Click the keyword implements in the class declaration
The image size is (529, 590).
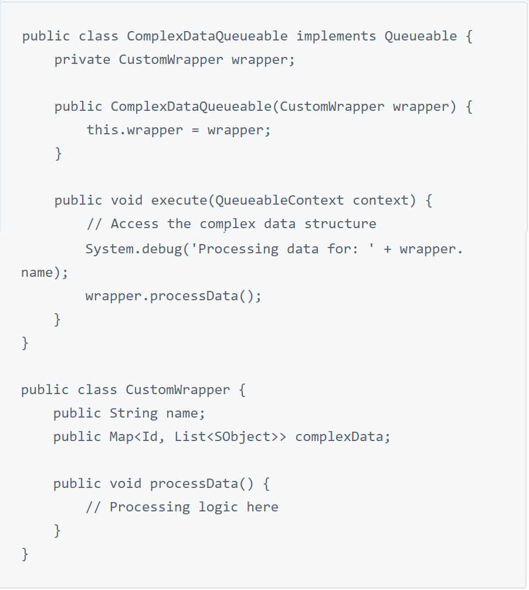tap(336, 36)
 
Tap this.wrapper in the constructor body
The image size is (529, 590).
tap(135, 130)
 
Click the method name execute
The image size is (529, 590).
tap(179, 201)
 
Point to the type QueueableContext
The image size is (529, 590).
tap(280, 201)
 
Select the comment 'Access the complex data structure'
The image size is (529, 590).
tap(232, 224)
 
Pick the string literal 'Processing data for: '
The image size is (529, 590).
tap(287, 249)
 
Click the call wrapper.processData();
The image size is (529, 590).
tap(174, 296)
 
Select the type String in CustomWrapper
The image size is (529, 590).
tap(134, 413)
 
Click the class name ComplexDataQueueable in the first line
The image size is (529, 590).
tap(207, 36)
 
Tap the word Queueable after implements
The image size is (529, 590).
tap(421, 36)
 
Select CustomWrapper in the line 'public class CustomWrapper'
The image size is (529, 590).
tap(178, 390)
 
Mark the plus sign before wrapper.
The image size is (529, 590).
tap(388, 249)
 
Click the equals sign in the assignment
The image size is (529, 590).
tap(195, 130)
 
